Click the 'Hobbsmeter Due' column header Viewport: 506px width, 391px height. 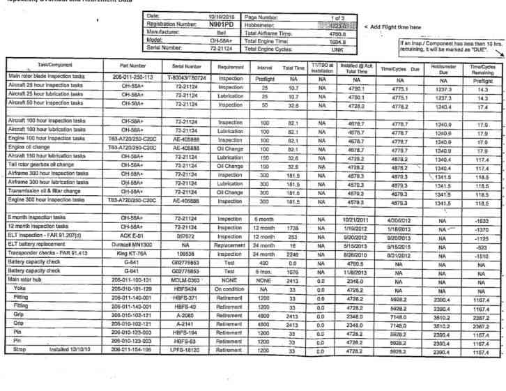pos(439,68)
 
